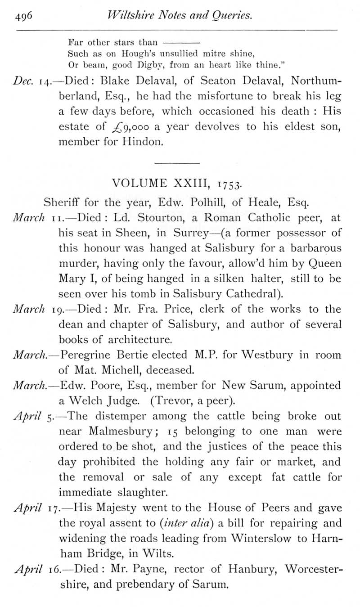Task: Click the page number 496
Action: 23,17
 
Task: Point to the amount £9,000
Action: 128,127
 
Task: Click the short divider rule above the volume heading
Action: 177,162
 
